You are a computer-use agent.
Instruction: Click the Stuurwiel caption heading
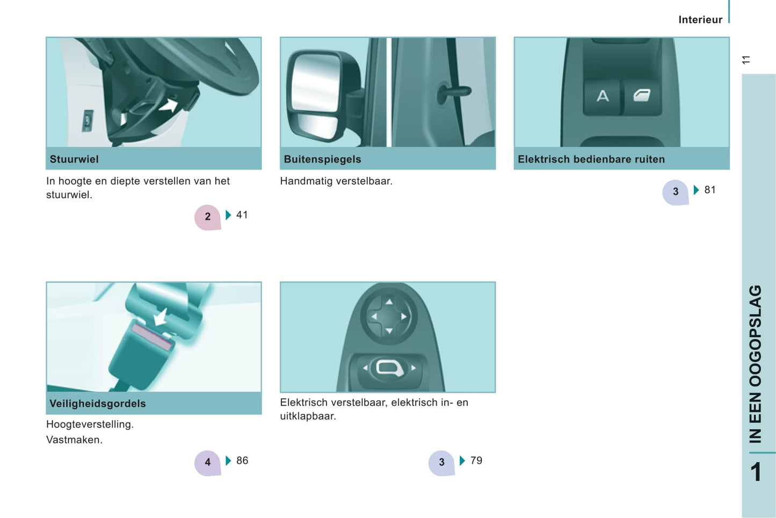point(74,160)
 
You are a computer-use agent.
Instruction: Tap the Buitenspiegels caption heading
point(322,160)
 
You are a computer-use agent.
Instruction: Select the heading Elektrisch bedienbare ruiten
point(591,160)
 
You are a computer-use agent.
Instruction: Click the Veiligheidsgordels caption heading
point(98,404)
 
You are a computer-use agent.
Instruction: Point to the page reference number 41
point(242,215)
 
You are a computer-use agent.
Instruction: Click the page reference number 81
point(710,190)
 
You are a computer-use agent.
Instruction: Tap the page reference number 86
point(242,461)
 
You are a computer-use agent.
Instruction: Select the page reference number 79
point(476,461)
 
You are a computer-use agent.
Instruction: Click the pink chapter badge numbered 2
point(207,217)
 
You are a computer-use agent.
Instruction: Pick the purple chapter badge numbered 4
point(207,462)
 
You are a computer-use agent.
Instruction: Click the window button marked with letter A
point(603,97)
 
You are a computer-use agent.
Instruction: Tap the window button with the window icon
point(642,97)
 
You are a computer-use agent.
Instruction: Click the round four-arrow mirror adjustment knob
point(389,316)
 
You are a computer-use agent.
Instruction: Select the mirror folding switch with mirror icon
point(389,369)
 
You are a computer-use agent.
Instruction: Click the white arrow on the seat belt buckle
point(161,317)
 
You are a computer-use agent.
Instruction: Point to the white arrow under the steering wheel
point(169,105)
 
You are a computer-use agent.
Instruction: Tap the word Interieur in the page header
point(700,20)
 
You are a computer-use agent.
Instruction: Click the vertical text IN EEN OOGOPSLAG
point(756,364)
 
